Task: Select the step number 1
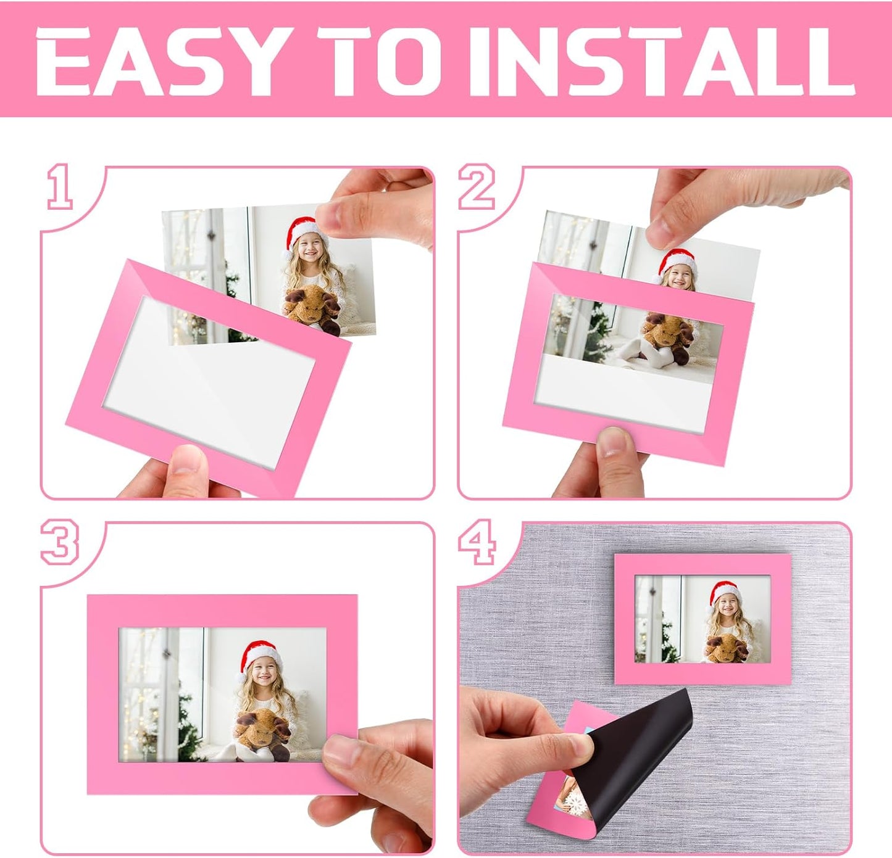60,186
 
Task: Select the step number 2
477,186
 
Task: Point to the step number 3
60,542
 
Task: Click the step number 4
477,542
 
